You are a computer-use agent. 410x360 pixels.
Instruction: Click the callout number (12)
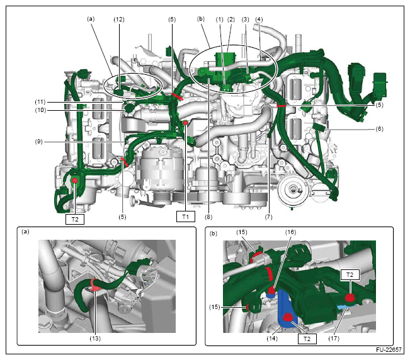tap(119, 20)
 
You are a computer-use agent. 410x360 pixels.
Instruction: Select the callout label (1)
tap(220, 20)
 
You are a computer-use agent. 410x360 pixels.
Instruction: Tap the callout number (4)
tap(259, 20)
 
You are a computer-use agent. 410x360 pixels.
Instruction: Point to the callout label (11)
tap(40, 102)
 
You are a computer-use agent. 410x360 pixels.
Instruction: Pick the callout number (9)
tap(38, 142)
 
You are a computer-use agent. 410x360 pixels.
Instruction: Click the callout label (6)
tap(379, 129)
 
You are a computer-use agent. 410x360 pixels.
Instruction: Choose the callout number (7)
tap(268, 217)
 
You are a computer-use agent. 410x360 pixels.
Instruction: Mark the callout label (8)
tap(208, 217)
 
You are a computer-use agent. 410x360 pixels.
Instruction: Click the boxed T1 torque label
tap(186, 217)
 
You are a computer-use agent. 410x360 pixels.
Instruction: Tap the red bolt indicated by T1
tap(185, 123)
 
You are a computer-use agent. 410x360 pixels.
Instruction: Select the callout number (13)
tap(95, 339)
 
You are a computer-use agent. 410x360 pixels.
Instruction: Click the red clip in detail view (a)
tap(94, 284)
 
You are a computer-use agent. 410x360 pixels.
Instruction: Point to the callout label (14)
tap(272, 339)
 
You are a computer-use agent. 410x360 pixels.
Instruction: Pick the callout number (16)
tap(290, 232)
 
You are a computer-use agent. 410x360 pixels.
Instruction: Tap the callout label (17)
tap(334, 339)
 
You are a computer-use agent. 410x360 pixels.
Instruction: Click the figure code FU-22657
tap(389, 350)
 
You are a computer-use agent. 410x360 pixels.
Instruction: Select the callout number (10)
tap(40, 110)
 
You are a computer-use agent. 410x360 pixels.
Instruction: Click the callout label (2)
tap(231, 20)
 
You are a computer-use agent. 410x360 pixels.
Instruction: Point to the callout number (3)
tap(245, 20)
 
